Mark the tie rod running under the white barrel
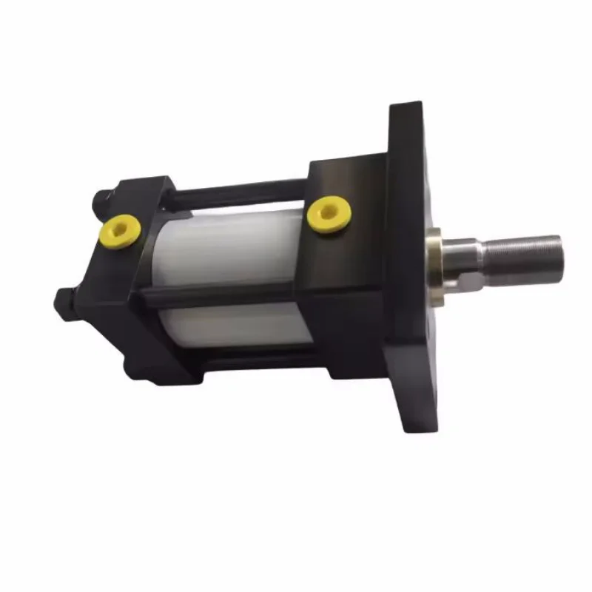(x=244, y=354)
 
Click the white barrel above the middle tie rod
(x=229, y=248)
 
